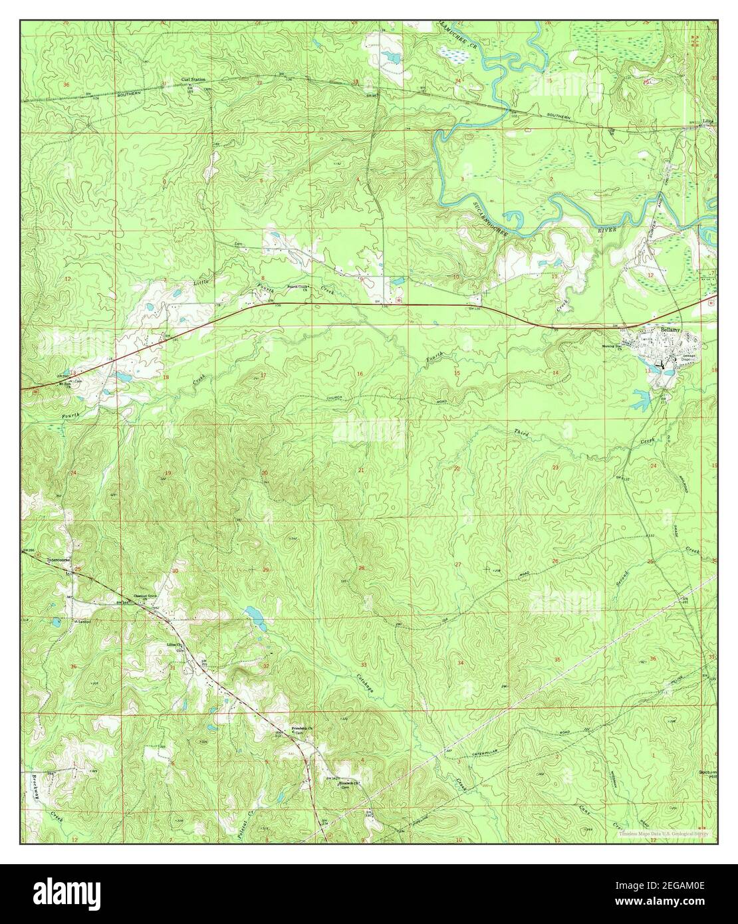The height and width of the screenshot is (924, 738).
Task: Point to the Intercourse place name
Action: point(59,560)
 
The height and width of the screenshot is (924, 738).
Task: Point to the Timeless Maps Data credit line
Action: point(664,833)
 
